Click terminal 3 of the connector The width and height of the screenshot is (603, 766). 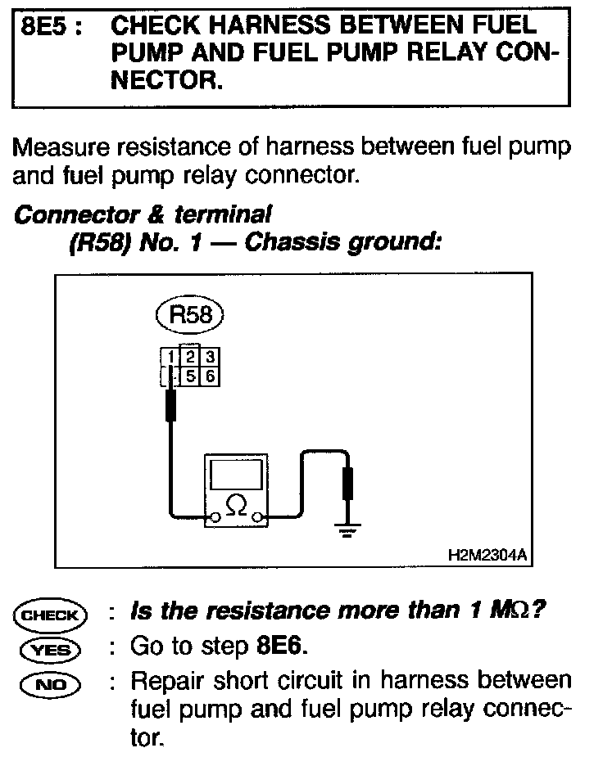point(210,357)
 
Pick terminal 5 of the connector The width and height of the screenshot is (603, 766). point(189,376)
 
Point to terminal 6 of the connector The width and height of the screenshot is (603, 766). point(210,376)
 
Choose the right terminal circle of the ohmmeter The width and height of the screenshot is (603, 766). point(260,517)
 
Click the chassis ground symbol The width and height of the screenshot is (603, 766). point(348,531)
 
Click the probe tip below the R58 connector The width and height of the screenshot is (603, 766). point(170,405)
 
